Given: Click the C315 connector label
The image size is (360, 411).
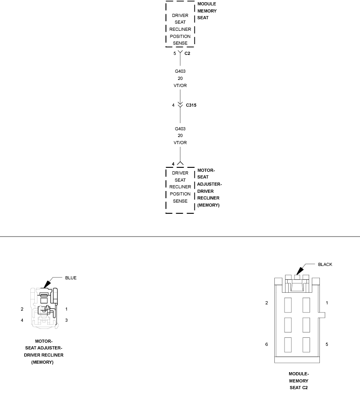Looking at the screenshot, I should pos(191,105).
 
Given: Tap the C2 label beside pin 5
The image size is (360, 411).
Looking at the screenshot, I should pos(187,53).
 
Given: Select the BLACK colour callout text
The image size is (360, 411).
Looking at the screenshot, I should pos(325,264).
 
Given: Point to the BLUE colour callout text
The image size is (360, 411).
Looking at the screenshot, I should pos(70,278).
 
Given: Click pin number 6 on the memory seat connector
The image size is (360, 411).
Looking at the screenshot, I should pos(267,345).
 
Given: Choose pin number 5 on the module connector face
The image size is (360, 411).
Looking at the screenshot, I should pos(327,345).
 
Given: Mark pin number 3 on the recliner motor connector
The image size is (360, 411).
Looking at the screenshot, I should pos(66,320).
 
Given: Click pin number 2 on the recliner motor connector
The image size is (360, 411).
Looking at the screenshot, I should pos(22,309).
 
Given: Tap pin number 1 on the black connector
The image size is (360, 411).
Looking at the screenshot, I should pos(327,303).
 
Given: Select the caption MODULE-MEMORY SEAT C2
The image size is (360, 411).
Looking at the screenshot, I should pos(298,381).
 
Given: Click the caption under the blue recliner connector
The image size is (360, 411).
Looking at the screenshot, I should pos(44,352).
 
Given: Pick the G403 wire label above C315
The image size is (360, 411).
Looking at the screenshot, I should pos(180,71).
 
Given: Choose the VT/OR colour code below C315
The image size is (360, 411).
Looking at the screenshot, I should pos(180,143).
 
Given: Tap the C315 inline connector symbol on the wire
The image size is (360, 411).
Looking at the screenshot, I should pos(180,105).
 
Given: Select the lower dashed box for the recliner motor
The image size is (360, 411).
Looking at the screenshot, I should pos(180,191).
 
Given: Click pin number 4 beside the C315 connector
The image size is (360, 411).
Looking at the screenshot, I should pos(173,105).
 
